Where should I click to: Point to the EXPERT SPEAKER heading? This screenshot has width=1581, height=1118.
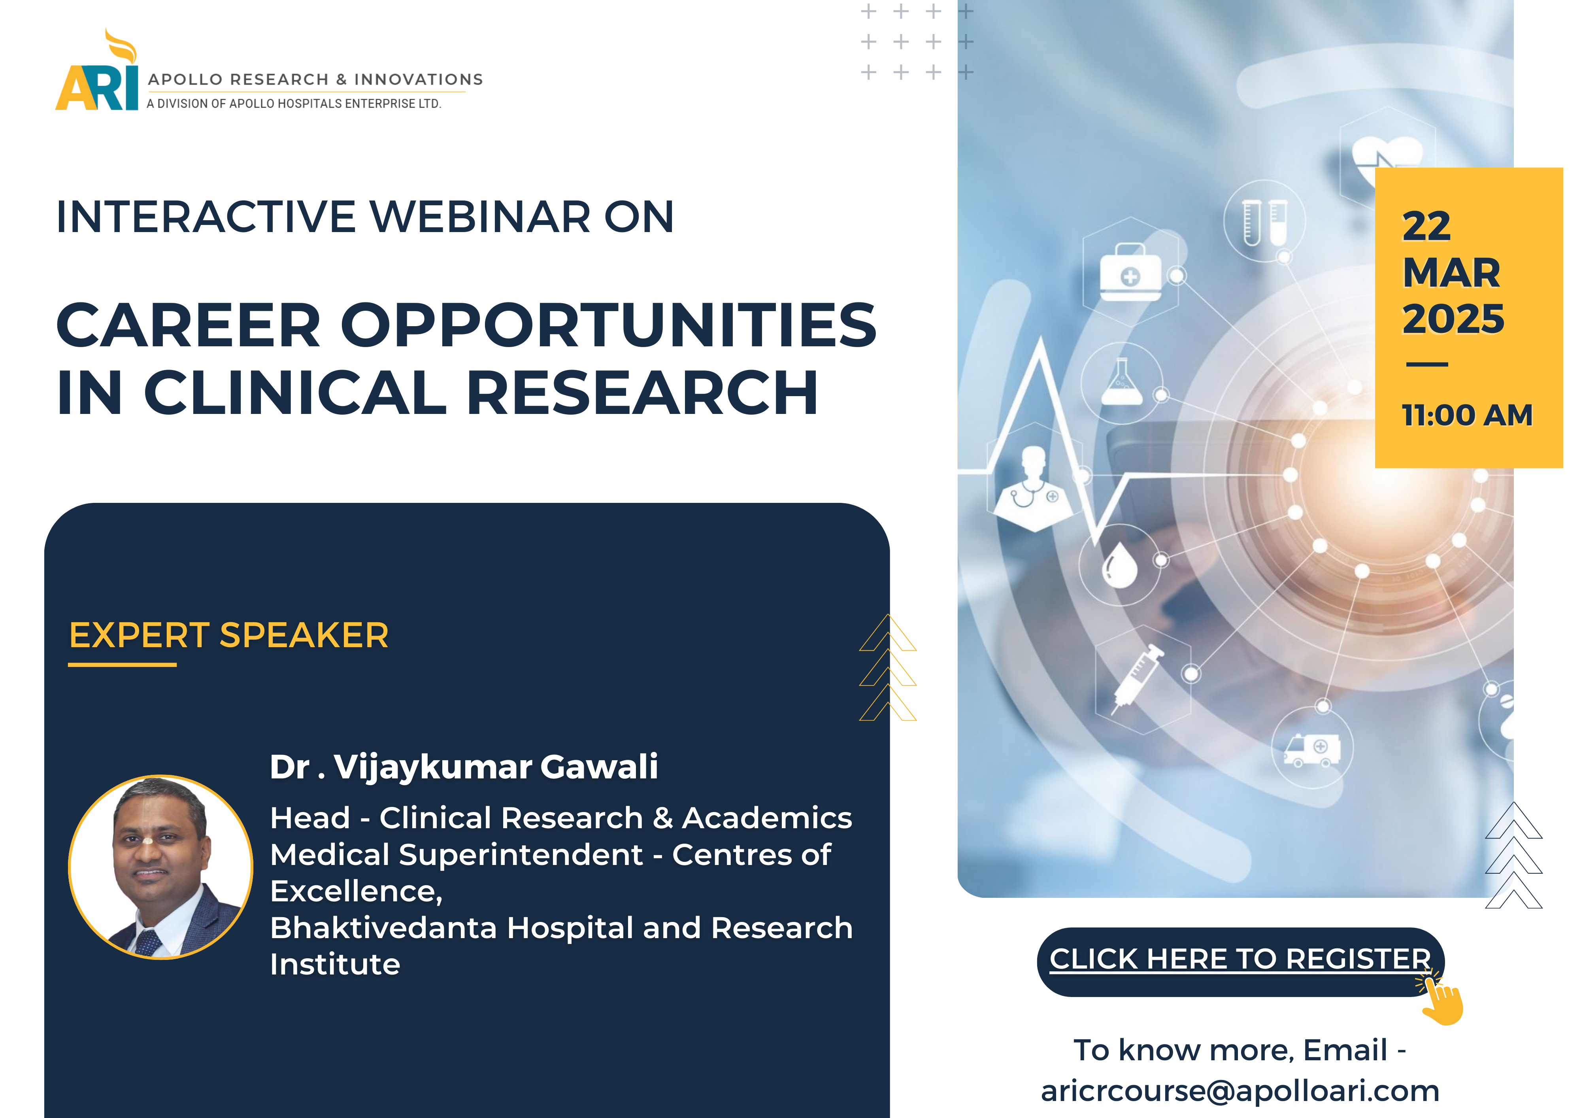(228, 635)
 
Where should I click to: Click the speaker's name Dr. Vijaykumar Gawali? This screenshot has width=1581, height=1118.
(463, 767)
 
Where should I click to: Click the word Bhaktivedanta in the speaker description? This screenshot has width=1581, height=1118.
(383, 928)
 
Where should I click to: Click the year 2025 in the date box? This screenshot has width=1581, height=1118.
(1453, 319)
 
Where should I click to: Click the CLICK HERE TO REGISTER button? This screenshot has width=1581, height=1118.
(1240, 961)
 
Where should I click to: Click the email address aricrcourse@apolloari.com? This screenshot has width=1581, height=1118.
(1240, 1091)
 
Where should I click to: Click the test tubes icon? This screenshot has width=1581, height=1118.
(1265, 222)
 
